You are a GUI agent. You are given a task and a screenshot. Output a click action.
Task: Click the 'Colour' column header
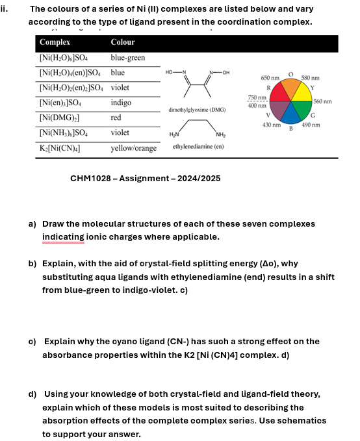point(122,42)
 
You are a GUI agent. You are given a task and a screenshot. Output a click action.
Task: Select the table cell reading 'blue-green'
point(128,57)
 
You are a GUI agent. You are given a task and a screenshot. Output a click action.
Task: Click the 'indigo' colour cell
point(121,103)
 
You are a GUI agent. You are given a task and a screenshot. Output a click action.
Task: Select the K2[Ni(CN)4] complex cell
point(64,147)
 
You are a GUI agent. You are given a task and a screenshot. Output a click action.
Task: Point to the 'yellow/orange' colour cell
point(133,147)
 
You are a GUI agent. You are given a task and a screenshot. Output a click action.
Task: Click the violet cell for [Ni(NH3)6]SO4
point(120,132)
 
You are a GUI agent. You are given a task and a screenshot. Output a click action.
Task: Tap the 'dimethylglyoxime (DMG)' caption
point(197,110)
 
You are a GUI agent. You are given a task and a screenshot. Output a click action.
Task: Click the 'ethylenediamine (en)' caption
point(198,147)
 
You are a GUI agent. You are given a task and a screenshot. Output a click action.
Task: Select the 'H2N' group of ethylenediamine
point(174,134)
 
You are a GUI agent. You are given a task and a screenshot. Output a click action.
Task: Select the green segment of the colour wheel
point(303,110)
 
